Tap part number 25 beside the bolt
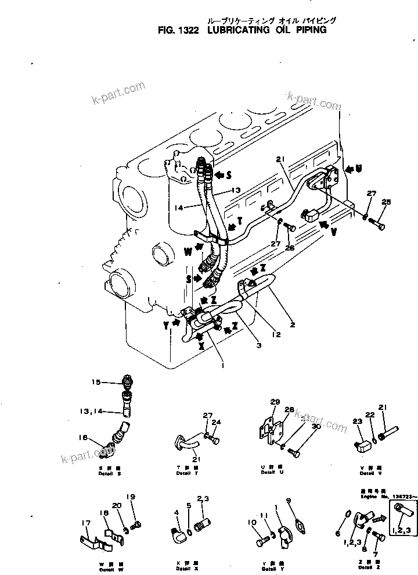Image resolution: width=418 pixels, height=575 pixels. click(386, 202)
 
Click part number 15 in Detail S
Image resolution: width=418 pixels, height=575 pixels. click(96, 382)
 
